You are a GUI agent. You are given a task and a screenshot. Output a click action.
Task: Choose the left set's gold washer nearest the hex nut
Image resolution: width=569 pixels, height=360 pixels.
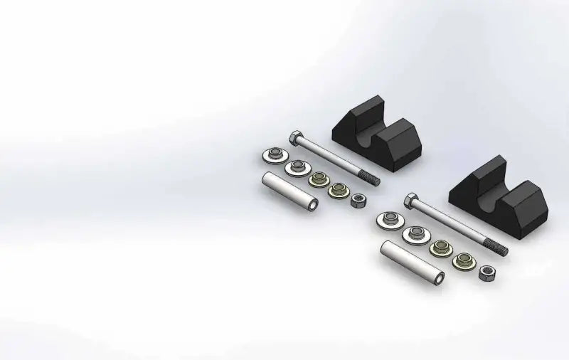[x=336, y=191]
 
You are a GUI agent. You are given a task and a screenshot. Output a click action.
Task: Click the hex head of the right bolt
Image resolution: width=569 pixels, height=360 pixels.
[x=410, y=198]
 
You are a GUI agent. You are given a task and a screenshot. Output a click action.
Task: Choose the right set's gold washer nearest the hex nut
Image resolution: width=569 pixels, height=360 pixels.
[x=463, y=260]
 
